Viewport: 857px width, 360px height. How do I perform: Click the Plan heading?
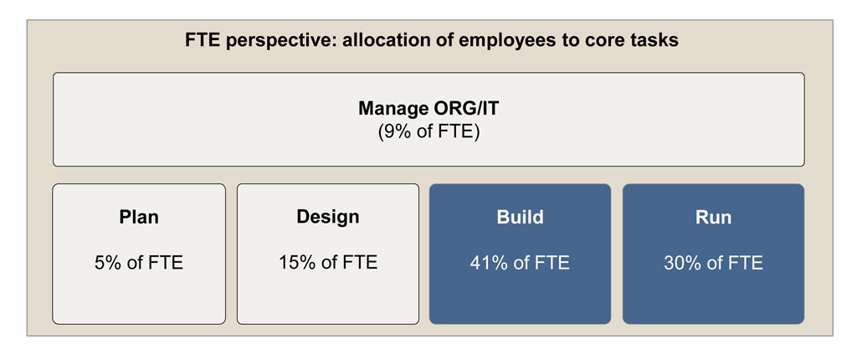pos(139,218)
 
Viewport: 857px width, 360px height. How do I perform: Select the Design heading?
pos(328,217)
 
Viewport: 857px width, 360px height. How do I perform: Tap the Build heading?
pos(520,217)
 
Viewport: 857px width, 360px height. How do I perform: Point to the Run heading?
pos(713,217)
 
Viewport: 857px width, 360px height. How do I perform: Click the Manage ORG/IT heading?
pos(428,108)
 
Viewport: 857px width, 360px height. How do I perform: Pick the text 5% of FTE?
pos(139,263)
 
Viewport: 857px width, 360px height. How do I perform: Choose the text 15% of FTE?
pos(328,263)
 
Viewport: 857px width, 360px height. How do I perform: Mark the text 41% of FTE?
pos(520,263)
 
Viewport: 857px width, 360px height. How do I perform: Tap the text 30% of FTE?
pos(713,263)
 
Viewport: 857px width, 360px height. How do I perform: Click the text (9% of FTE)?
pos(428,133)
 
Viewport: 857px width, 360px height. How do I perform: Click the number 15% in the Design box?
pos(299,263)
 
